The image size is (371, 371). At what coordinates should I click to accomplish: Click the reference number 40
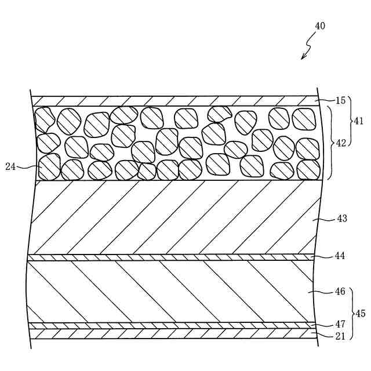tap(320, 26)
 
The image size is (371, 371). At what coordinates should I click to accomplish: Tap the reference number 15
tap(340, 101)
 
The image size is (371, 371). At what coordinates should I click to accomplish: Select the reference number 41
tap(358, 121)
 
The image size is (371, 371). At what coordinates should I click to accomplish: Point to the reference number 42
tap(341, 143)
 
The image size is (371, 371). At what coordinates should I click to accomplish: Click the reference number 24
tap(10, 166)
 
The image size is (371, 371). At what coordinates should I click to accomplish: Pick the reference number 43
tap(341, 219)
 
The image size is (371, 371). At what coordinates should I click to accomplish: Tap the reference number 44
tap(340, 256)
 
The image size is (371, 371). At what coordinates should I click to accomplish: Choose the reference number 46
tap(340, 292)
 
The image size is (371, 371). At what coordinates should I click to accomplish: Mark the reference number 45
tap(360, 314)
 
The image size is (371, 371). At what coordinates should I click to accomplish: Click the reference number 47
tap(340, 325)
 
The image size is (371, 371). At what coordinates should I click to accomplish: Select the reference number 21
tap(340, 336)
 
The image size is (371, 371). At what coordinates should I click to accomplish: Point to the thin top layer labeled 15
tap(174, 100)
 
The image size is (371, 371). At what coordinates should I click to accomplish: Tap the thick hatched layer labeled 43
tap(174, 217)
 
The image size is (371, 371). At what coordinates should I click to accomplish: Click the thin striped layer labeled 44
tap(174, 257)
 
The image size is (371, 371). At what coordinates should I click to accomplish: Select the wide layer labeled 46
tap(174, 292)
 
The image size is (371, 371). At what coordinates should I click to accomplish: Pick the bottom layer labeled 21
tap(174, 334)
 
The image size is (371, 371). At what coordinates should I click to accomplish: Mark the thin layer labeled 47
tap(174, 325)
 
